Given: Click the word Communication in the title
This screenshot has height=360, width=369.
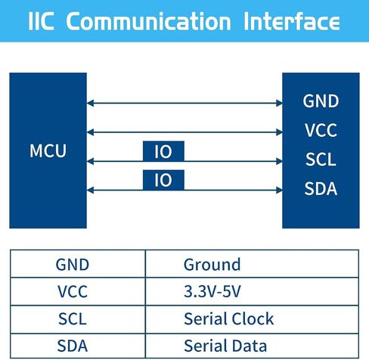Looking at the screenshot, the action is pyautogui.click(x=148, y=21).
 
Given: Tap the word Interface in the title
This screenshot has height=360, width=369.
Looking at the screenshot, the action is pyautogui.click(x=292, y=21).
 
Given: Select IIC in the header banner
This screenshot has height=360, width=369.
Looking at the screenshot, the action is pyautogui.click(x=41, y=21).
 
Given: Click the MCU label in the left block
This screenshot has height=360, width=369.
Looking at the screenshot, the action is pyautogui.click(x=48, y=151).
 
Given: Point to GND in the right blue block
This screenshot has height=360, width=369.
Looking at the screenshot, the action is pyautogui.click(x=321, y=101).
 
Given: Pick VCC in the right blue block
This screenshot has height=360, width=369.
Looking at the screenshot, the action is pyautogui.click(x=321, y=130).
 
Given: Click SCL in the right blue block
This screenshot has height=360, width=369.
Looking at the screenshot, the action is pyautogui.click(x=321, y=160).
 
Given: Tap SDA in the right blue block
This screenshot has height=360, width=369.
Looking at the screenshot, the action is pyautogui.click(x=321, y=188).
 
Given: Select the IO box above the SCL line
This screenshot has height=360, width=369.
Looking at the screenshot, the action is pyautogui.click(x=163, y=151).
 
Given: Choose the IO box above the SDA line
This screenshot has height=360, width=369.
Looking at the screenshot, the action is pyautogui.click(x=163, y=180).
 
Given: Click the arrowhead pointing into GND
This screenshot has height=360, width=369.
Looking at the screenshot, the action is pyautogui.click(x=279, y=103).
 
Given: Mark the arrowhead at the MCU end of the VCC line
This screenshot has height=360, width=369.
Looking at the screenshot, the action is pyautogui.click(x=90, y=132).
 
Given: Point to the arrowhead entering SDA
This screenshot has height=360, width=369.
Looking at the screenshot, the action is pyautogui.click(x=279, y=190).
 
